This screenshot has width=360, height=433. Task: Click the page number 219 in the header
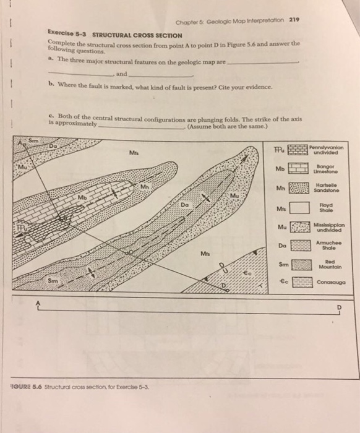click(x=294, y=19)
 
